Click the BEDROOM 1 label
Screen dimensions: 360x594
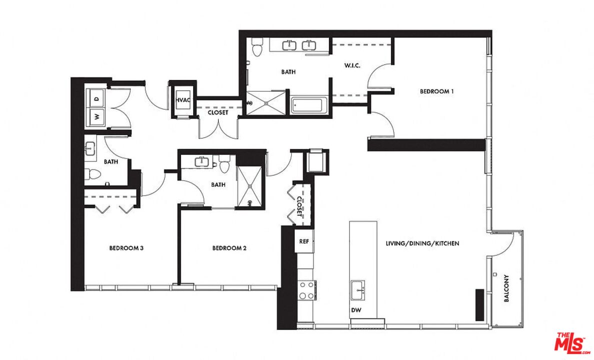click(436, 91)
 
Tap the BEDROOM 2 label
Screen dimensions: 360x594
click(229, 248)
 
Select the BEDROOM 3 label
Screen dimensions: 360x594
click(127, 248)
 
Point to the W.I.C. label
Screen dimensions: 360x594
click(353, 66)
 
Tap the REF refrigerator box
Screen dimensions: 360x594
click(304, 241)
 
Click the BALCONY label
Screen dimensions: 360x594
click(506, 288)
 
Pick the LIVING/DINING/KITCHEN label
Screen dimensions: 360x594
click(422, 243)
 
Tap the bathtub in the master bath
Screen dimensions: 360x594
click(309, 105)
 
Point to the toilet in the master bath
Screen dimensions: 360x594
click(257, 48)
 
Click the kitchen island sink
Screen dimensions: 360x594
click(358, 288)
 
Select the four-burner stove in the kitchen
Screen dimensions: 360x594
click(306, 290)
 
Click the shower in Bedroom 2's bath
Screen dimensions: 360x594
click(251, 186)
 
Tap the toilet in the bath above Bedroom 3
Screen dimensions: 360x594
click(93, 174)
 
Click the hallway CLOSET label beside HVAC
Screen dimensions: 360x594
click(218, 112)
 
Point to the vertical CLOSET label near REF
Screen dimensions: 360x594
click(299, 205)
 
